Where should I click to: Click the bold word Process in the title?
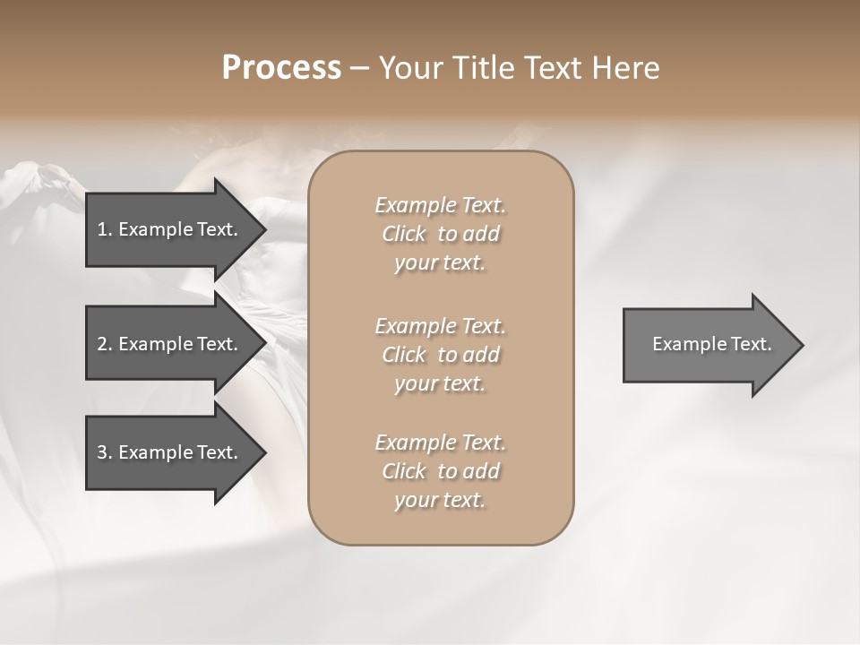pos(281,68)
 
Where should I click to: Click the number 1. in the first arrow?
pos(105,229)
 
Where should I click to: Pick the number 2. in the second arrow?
pos(105,344)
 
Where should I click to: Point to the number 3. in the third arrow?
pos(105,452)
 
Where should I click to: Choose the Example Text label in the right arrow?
pos(712,344)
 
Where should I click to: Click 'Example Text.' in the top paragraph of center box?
pos(440,205)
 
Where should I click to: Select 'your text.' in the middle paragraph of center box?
pos(440,383)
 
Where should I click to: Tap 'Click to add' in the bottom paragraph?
pos(440,471)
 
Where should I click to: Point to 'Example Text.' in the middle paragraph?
pos(440,325)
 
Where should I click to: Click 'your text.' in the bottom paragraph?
pos(440,500)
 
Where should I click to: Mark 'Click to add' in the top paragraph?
pos(440,234)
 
